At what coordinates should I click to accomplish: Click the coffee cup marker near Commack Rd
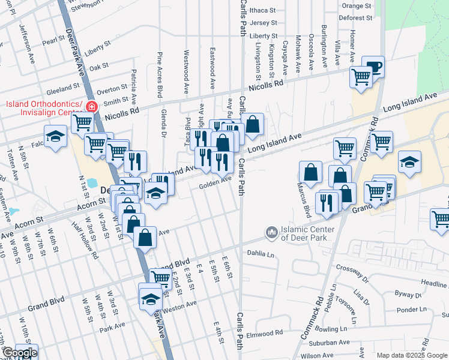[373, 66]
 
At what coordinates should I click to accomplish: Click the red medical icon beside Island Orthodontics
[91, 107]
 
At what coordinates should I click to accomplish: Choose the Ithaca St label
[262, 10]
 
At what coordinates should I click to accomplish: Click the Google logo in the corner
[19, 353]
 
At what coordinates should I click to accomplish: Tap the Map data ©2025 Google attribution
[411, 355]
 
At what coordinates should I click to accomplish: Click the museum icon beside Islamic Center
[271, 232]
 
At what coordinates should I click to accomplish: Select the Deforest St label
[355, 18]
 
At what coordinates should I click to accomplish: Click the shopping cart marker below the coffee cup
[361, 77]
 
